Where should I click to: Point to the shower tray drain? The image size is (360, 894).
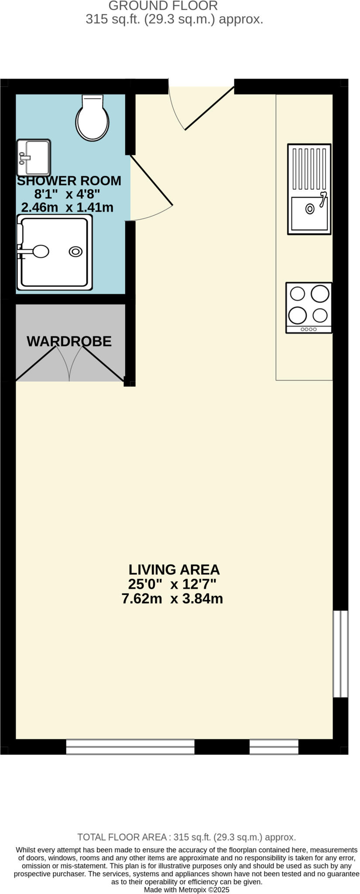(x=75, y=251)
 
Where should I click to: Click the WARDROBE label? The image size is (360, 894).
(x=69, y=341)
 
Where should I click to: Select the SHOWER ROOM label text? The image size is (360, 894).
(x=69, y=181)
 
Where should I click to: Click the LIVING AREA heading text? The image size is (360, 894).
(x=174, y=570)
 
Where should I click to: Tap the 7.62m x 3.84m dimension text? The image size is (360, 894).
(x=172, y=598)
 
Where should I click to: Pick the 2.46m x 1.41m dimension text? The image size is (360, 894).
(x=67, y=207)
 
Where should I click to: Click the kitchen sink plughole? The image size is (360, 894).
(x=310, y=209)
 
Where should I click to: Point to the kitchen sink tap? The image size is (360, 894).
(x=323, y=199)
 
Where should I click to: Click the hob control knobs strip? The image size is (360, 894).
(x=309, y=329)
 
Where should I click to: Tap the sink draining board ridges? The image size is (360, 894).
(x=309, y=168)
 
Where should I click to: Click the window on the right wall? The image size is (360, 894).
(x=340, y=653)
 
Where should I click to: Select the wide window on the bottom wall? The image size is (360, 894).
(x=130, y=747)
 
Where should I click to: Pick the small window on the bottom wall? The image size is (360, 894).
(x=274, y=747)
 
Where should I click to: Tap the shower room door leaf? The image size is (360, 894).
(x=151, y=180)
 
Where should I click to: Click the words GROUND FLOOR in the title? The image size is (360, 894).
(x=163, y=6)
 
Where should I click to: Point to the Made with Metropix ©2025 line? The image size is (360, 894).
(x=186, y=890)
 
